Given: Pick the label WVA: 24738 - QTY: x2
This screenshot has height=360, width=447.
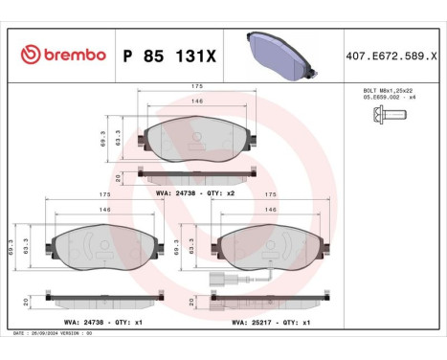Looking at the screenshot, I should [x=194, y=191].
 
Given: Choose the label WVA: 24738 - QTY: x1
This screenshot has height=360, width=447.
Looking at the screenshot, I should [x=89, y=323].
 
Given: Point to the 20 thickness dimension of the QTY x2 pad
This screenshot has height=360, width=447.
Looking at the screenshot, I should [x=118, y=176].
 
